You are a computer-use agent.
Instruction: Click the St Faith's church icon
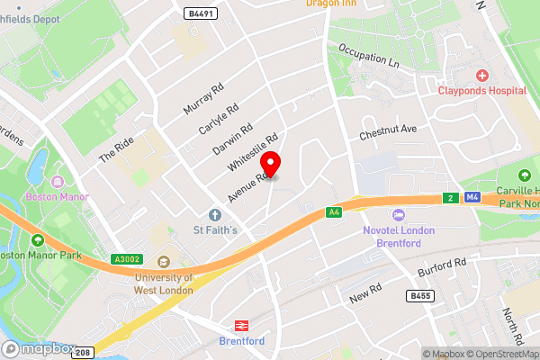(x=215, y=215)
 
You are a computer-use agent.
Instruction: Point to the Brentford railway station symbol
(x=241, y=326)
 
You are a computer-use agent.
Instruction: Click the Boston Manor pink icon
(x=60, y=180)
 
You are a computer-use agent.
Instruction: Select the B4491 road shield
(x=200, y=14)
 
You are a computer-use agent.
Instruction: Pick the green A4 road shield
(x=334, y=212)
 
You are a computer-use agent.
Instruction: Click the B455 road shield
(x=419, y=295)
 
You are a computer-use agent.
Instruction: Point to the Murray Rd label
(x=202, y=99)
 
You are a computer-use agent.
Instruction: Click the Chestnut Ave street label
(x=389, y=131)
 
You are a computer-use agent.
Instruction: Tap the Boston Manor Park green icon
(x=38, y=240)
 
